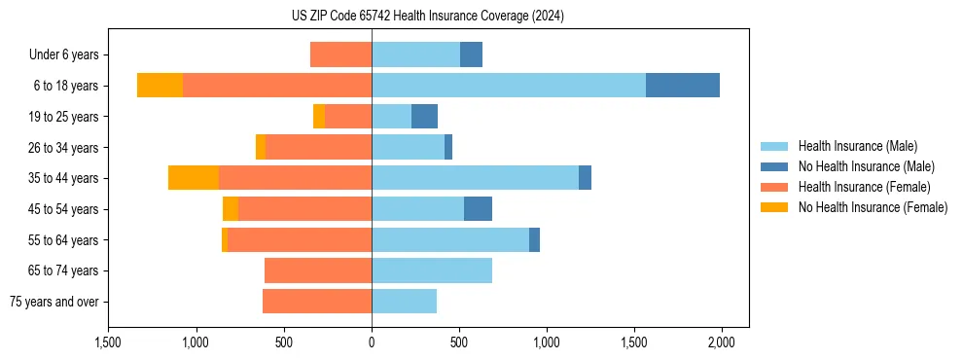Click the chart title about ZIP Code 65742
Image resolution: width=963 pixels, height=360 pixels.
point(428,17)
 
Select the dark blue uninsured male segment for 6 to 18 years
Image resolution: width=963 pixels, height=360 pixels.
point(683,86)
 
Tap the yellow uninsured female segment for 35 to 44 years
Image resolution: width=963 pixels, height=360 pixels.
point(194,178)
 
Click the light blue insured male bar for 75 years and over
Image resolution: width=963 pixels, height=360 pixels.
point(404,302)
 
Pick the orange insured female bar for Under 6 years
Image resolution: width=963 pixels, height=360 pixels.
point(340,54)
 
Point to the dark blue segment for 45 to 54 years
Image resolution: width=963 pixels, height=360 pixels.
point(478,209)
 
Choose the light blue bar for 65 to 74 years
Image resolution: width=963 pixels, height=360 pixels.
point(432,270)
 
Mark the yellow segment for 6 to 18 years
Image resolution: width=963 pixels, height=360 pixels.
point(160,86)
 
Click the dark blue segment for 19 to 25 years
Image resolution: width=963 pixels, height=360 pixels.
point(424,117)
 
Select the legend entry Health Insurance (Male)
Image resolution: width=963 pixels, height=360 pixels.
point(857,146)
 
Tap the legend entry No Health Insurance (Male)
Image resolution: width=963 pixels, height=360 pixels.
point(866,166)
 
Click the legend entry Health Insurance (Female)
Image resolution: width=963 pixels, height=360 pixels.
point(864,187)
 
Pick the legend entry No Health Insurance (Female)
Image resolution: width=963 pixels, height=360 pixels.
point(873,207)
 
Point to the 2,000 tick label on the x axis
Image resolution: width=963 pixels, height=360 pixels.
point(721,342)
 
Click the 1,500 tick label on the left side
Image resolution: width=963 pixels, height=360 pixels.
point(108,342)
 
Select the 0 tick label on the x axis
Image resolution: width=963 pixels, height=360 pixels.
point(372,342)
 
